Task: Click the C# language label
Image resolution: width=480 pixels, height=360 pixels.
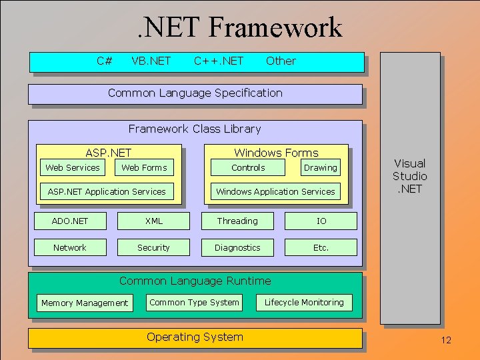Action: point(104,61)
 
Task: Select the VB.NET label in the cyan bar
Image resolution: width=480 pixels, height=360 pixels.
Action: point(151,61)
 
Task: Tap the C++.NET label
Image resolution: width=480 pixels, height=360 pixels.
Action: point(219,61)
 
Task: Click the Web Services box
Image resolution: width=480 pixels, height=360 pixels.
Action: point(72,167)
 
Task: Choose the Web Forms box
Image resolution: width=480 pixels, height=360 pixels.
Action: point(144,167)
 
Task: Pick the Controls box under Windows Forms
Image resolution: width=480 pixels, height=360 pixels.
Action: point(248,168)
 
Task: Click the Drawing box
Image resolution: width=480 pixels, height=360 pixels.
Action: point(321,168)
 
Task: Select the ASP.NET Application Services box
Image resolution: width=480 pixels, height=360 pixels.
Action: point(107,191)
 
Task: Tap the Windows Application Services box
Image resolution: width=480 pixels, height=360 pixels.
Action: point(275,191)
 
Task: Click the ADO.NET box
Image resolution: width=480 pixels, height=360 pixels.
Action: point(70,221)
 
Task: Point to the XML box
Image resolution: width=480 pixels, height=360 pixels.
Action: point(153,221)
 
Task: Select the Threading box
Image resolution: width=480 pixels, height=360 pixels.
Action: point(237,221)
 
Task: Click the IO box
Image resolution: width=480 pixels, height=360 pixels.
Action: point(321,221)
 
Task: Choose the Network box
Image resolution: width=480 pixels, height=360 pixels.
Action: point(70,247)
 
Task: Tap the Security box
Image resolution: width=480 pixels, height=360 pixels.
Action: point(153,247)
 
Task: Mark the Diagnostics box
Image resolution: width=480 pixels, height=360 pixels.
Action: point(237,247)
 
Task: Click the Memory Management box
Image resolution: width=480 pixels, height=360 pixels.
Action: point(84,303)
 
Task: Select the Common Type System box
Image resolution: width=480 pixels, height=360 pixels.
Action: point(194,302)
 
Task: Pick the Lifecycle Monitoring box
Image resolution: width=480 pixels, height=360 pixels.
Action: point(304,302)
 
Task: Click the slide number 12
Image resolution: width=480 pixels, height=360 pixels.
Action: point(446,341)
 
